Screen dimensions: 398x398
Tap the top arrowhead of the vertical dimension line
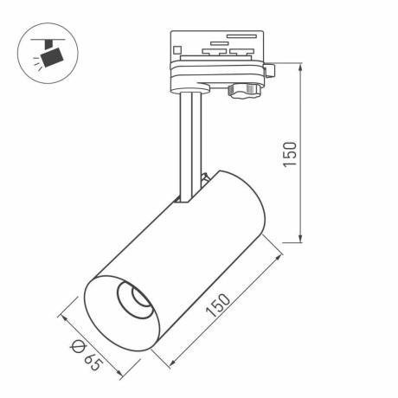pos(300,66)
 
